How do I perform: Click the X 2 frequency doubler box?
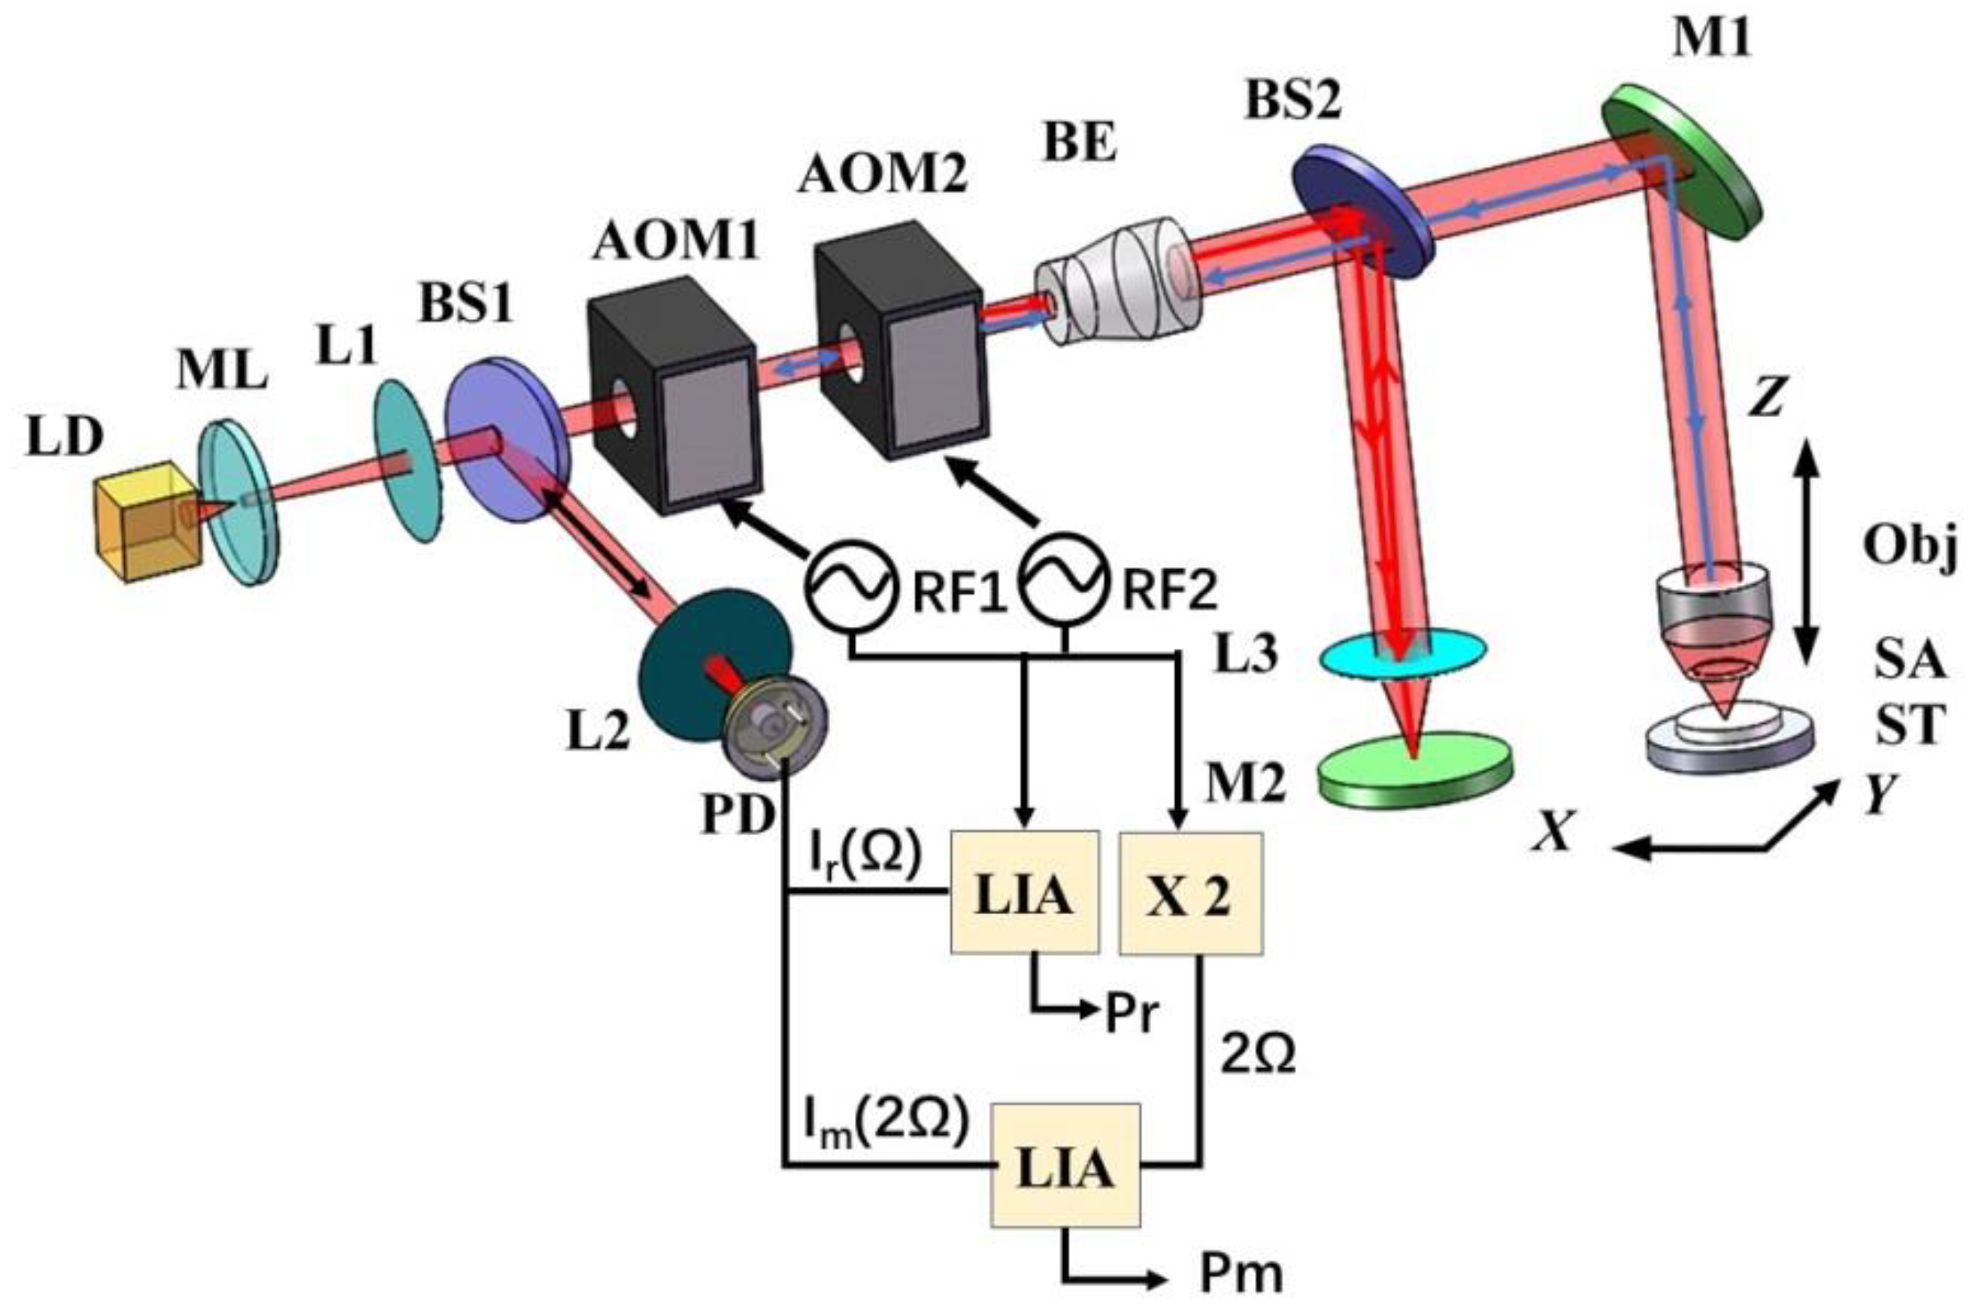pyautogui.click(x=1190, y=894)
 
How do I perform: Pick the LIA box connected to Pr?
pyautogui.click(x=1024, y=894)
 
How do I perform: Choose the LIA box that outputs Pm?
pyautogui.click(x=1065, y=1167)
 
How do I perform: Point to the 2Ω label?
pyautogui.click(x=1257, y=1054)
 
